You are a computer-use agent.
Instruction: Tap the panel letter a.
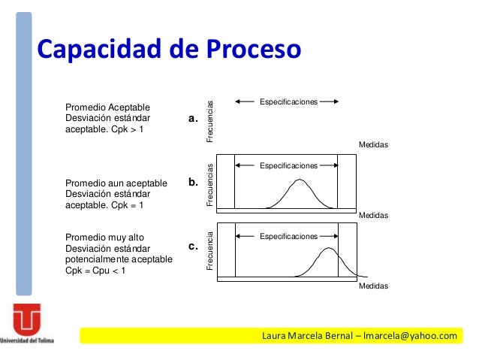point(193,119)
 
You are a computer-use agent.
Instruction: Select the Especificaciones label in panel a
point(288,101)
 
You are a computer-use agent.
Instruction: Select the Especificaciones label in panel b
point(288,165)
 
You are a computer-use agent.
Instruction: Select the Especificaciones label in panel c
point(288,236)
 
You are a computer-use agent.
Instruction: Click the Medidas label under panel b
point(373,215)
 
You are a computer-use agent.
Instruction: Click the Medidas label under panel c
point(373,286)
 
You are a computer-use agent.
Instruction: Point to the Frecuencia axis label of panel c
point(210,253)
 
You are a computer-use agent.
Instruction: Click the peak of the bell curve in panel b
point(300,180)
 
